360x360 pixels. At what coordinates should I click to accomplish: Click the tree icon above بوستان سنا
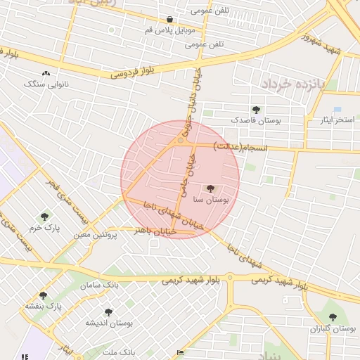(x=210, y=188)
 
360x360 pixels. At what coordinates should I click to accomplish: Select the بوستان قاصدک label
(x=256, y=121)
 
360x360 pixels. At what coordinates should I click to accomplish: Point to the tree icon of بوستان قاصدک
(x=255, y=110)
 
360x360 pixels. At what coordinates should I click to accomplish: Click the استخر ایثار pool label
(x=336, y=120)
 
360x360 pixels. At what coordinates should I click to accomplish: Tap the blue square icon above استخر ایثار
(x=337, y=110)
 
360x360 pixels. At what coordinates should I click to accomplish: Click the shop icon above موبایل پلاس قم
(x=170, y=20)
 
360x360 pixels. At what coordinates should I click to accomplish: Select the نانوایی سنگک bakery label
(x=47, y=84)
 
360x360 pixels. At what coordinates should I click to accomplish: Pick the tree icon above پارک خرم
(x=45, y=217)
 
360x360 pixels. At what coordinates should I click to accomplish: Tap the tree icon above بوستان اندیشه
(x=108, y=311)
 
